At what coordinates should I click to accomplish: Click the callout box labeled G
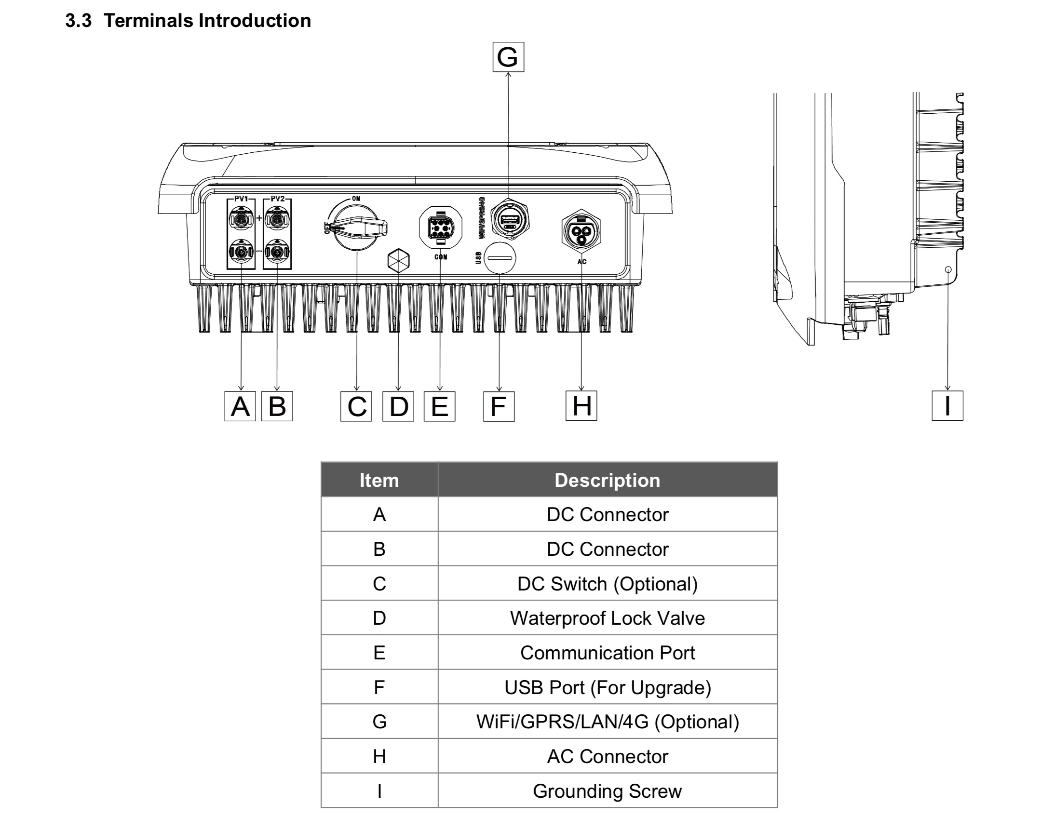click(508, 57)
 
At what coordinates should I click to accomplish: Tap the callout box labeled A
click(240, 406)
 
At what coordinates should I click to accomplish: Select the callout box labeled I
click(947, 406)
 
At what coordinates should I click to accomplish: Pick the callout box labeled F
click(498, 406)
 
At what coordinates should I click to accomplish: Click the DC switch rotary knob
click(357, 227)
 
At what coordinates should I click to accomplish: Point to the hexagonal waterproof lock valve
click(398, 261)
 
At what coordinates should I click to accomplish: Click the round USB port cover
click(500, 258)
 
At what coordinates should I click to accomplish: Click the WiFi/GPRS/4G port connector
click(510, 220)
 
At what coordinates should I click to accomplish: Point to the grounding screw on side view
click(948, 269)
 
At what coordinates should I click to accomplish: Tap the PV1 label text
click(241, 198)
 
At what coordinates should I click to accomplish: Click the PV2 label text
click(278, 198)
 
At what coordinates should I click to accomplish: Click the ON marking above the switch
click(356, 198)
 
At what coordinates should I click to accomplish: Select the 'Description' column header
click(607, 480)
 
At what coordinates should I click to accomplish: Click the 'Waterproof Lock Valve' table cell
click(607, 618)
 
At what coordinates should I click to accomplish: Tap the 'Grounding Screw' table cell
click(607, 791)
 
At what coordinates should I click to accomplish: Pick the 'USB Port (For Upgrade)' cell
click(607, 687)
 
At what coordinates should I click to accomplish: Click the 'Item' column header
click(379, 480)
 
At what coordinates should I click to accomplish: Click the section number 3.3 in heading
click(78, 21)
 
